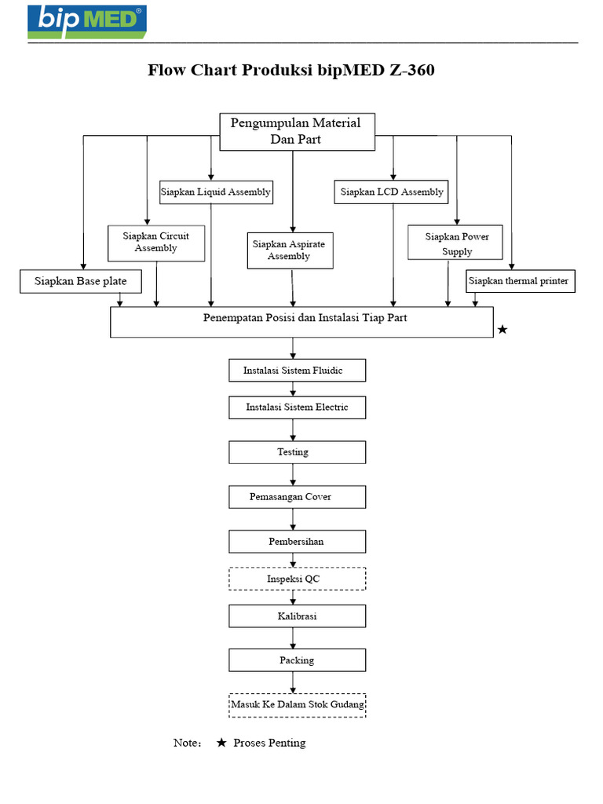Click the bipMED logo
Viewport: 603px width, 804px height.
tap(86, 21)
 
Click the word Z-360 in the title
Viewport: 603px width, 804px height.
tap(411, 71)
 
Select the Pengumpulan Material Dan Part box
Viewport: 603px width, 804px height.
tap(296, 131)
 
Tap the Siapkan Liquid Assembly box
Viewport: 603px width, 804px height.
tap(216, 192)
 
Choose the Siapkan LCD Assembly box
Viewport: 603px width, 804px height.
tap(391, 192)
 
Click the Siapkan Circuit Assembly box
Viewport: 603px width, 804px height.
tap(156, 243)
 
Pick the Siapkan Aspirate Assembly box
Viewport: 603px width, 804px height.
tap(289, 250)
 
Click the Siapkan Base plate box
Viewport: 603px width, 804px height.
tap(81, 280)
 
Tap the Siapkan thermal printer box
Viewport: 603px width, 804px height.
tap(521, 281)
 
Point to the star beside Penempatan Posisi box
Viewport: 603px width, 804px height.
tap(502, 331)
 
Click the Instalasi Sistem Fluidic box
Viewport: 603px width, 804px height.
tap(297, 370)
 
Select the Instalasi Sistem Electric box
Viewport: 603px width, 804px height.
tap(297, 407)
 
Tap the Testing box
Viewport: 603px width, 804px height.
tap(297, 452)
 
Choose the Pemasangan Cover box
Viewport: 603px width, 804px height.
tap(297, 497)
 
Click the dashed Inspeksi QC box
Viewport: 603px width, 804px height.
tap(297, 579)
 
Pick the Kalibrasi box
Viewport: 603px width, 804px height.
tap(297, 616)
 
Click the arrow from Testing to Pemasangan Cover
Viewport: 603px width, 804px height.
tap(294, 474)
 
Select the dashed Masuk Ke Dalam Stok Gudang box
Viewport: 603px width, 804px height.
tap(297, 705)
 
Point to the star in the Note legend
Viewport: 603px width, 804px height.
tap(221, 743)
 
